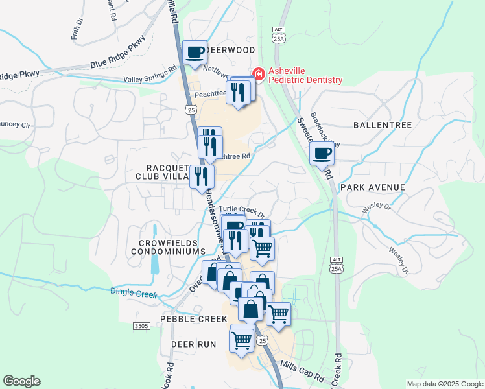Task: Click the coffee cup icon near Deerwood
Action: [194, 52]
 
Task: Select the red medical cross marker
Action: [259, 75]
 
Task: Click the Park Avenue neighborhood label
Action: [373, 187]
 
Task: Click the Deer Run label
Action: [193, 344]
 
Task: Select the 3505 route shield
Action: [142, 326]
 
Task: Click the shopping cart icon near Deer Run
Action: [242, 339]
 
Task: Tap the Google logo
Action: [21, 381]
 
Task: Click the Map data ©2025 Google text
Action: [444, 384]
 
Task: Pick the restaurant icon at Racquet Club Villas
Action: [202, 175]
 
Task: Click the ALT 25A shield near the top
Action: [279, 35]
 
